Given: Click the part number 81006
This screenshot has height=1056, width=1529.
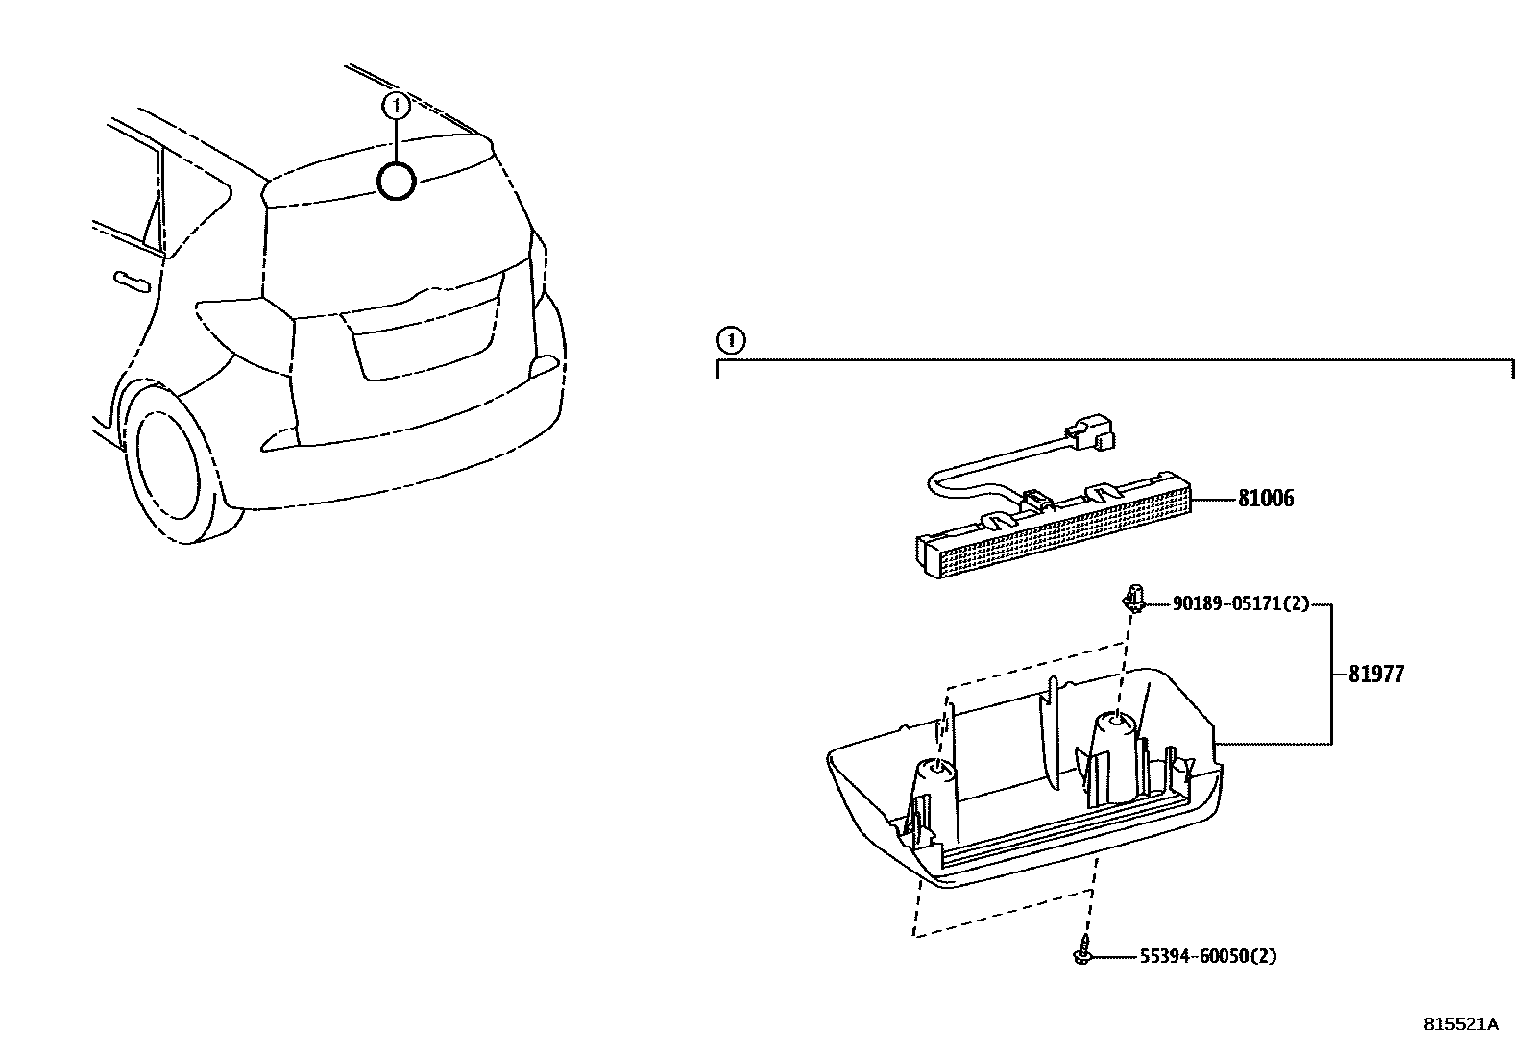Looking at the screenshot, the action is coord(1265,499).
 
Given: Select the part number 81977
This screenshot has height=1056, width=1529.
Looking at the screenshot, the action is coord(1375,675).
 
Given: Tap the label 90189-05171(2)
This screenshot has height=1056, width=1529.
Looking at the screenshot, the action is coord(1240,604).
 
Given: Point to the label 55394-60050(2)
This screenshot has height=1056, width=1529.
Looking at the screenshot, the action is coord(1208,956).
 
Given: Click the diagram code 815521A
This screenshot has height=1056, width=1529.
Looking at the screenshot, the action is coord(1460,1023).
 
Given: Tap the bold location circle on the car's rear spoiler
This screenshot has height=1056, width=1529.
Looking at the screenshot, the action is coord(396,181).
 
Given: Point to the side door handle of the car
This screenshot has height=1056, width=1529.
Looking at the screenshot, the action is coord(132,281).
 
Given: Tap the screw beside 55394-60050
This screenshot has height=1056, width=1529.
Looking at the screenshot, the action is coord(1081,951).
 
